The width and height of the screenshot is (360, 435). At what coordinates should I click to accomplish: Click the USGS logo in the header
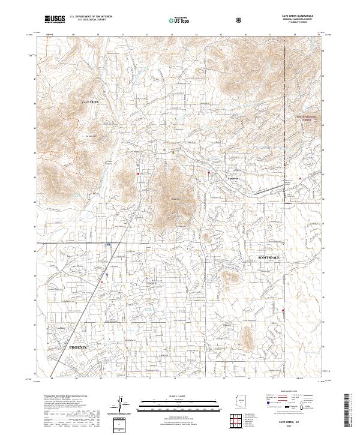point(55,19)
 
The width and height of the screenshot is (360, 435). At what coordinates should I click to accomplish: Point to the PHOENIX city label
point(78,347)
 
